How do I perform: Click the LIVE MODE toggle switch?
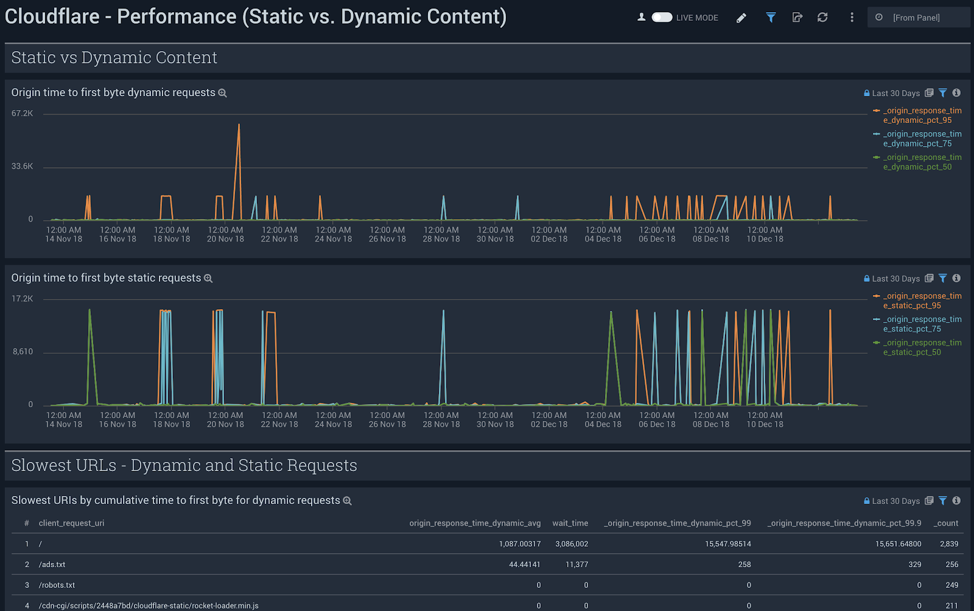click(x=661, y=18)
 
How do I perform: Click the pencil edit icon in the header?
click(x=741, y=18)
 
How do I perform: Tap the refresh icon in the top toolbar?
click(x=822, y=18)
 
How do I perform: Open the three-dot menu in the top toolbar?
click(x=852, y=18)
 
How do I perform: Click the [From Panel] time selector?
click(x=916, y=18)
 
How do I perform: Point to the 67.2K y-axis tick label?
click(x=23, y=114)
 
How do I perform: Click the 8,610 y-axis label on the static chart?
click(x=23, y=352)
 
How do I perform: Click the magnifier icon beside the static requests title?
click(x=208, y=279)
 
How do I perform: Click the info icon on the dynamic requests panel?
click(x=956, y=93)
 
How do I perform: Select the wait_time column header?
click(x=570, y=523)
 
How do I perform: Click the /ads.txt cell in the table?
click(x=52, y=565)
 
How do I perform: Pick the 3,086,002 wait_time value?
click(x=572, y=544)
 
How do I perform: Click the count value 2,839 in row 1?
click(x=948, y=544)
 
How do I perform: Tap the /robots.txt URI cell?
click(x=57, y=585)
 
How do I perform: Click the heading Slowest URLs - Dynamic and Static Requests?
click(x=184, y=466)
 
